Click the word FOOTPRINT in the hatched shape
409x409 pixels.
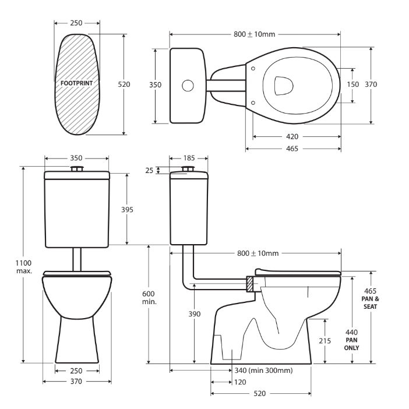tap(77, 83)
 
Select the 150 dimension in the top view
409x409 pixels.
tap(353, 84)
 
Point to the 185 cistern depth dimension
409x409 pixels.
tap(188, 158)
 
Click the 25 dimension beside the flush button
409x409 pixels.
tap(150, 170)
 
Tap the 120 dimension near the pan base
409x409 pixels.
tap(239, 382)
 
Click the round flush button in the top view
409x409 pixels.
tap(188, 85)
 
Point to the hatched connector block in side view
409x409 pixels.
tap(250, 284)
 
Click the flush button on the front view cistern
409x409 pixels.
tap(77, 169)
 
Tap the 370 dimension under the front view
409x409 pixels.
tap(77, 382)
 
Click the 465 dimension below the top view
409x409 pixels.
tap(292, 149)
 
